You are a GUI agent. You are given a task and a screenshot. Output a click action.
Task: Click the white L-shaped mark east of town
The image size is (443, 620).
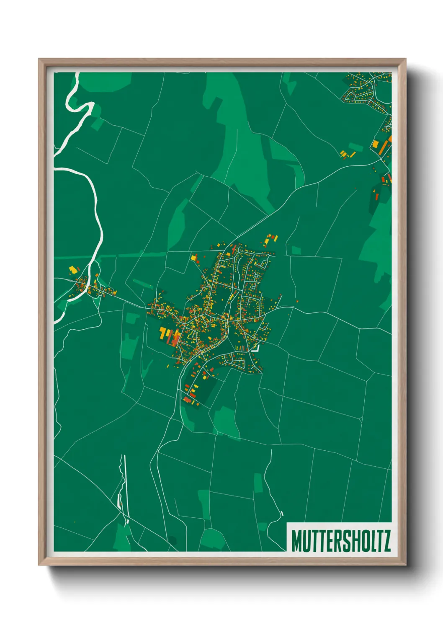pyautogui.click(x=255, y=348)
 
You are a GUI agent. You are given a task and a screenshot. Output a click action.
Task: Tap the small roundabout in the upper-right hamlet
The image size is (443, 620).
pyautogui.click(x=388, y=125)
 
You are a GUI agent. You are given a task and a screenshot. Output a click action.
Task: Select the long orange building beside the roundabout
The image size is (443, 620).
pyautogui.click(x=384, y=147)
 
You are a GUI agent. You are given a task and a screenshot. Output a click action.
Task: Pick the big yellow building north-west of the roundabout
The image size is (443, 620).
pyautogui.click(x=375, y=144)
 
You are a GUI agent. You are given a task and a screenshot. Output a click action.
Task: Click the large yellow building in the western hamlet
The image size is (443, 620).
pyautogui.click(x=73, y=270)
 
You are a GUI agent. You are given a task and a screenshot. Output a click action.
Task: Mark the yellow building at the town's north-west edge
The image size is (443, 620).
pyautogui.click(x=194, y=257)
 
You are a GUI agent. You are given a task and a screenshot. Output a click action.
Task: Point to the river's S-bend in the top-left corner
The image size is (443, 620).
pyautogui.click(x=80, y=103)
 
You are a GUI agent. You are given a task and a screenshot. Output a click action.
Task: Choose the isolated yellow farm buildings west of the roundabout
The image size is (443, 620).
pyautogui.click(x=347, y=154)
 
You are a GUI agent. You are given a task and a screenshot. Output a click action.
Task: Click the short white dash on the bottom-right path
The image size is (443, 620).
pyautogui.click(x=282, y=514)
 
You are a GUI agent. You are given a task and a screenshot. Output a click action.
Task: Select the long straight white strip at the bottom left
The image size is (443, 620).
pyautogui.click(x=124, y=486)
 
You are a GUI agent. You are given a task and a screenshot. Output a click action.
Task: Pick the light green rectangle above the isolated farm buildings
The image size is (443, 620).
pyautogui.click(x=356, y=146)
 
